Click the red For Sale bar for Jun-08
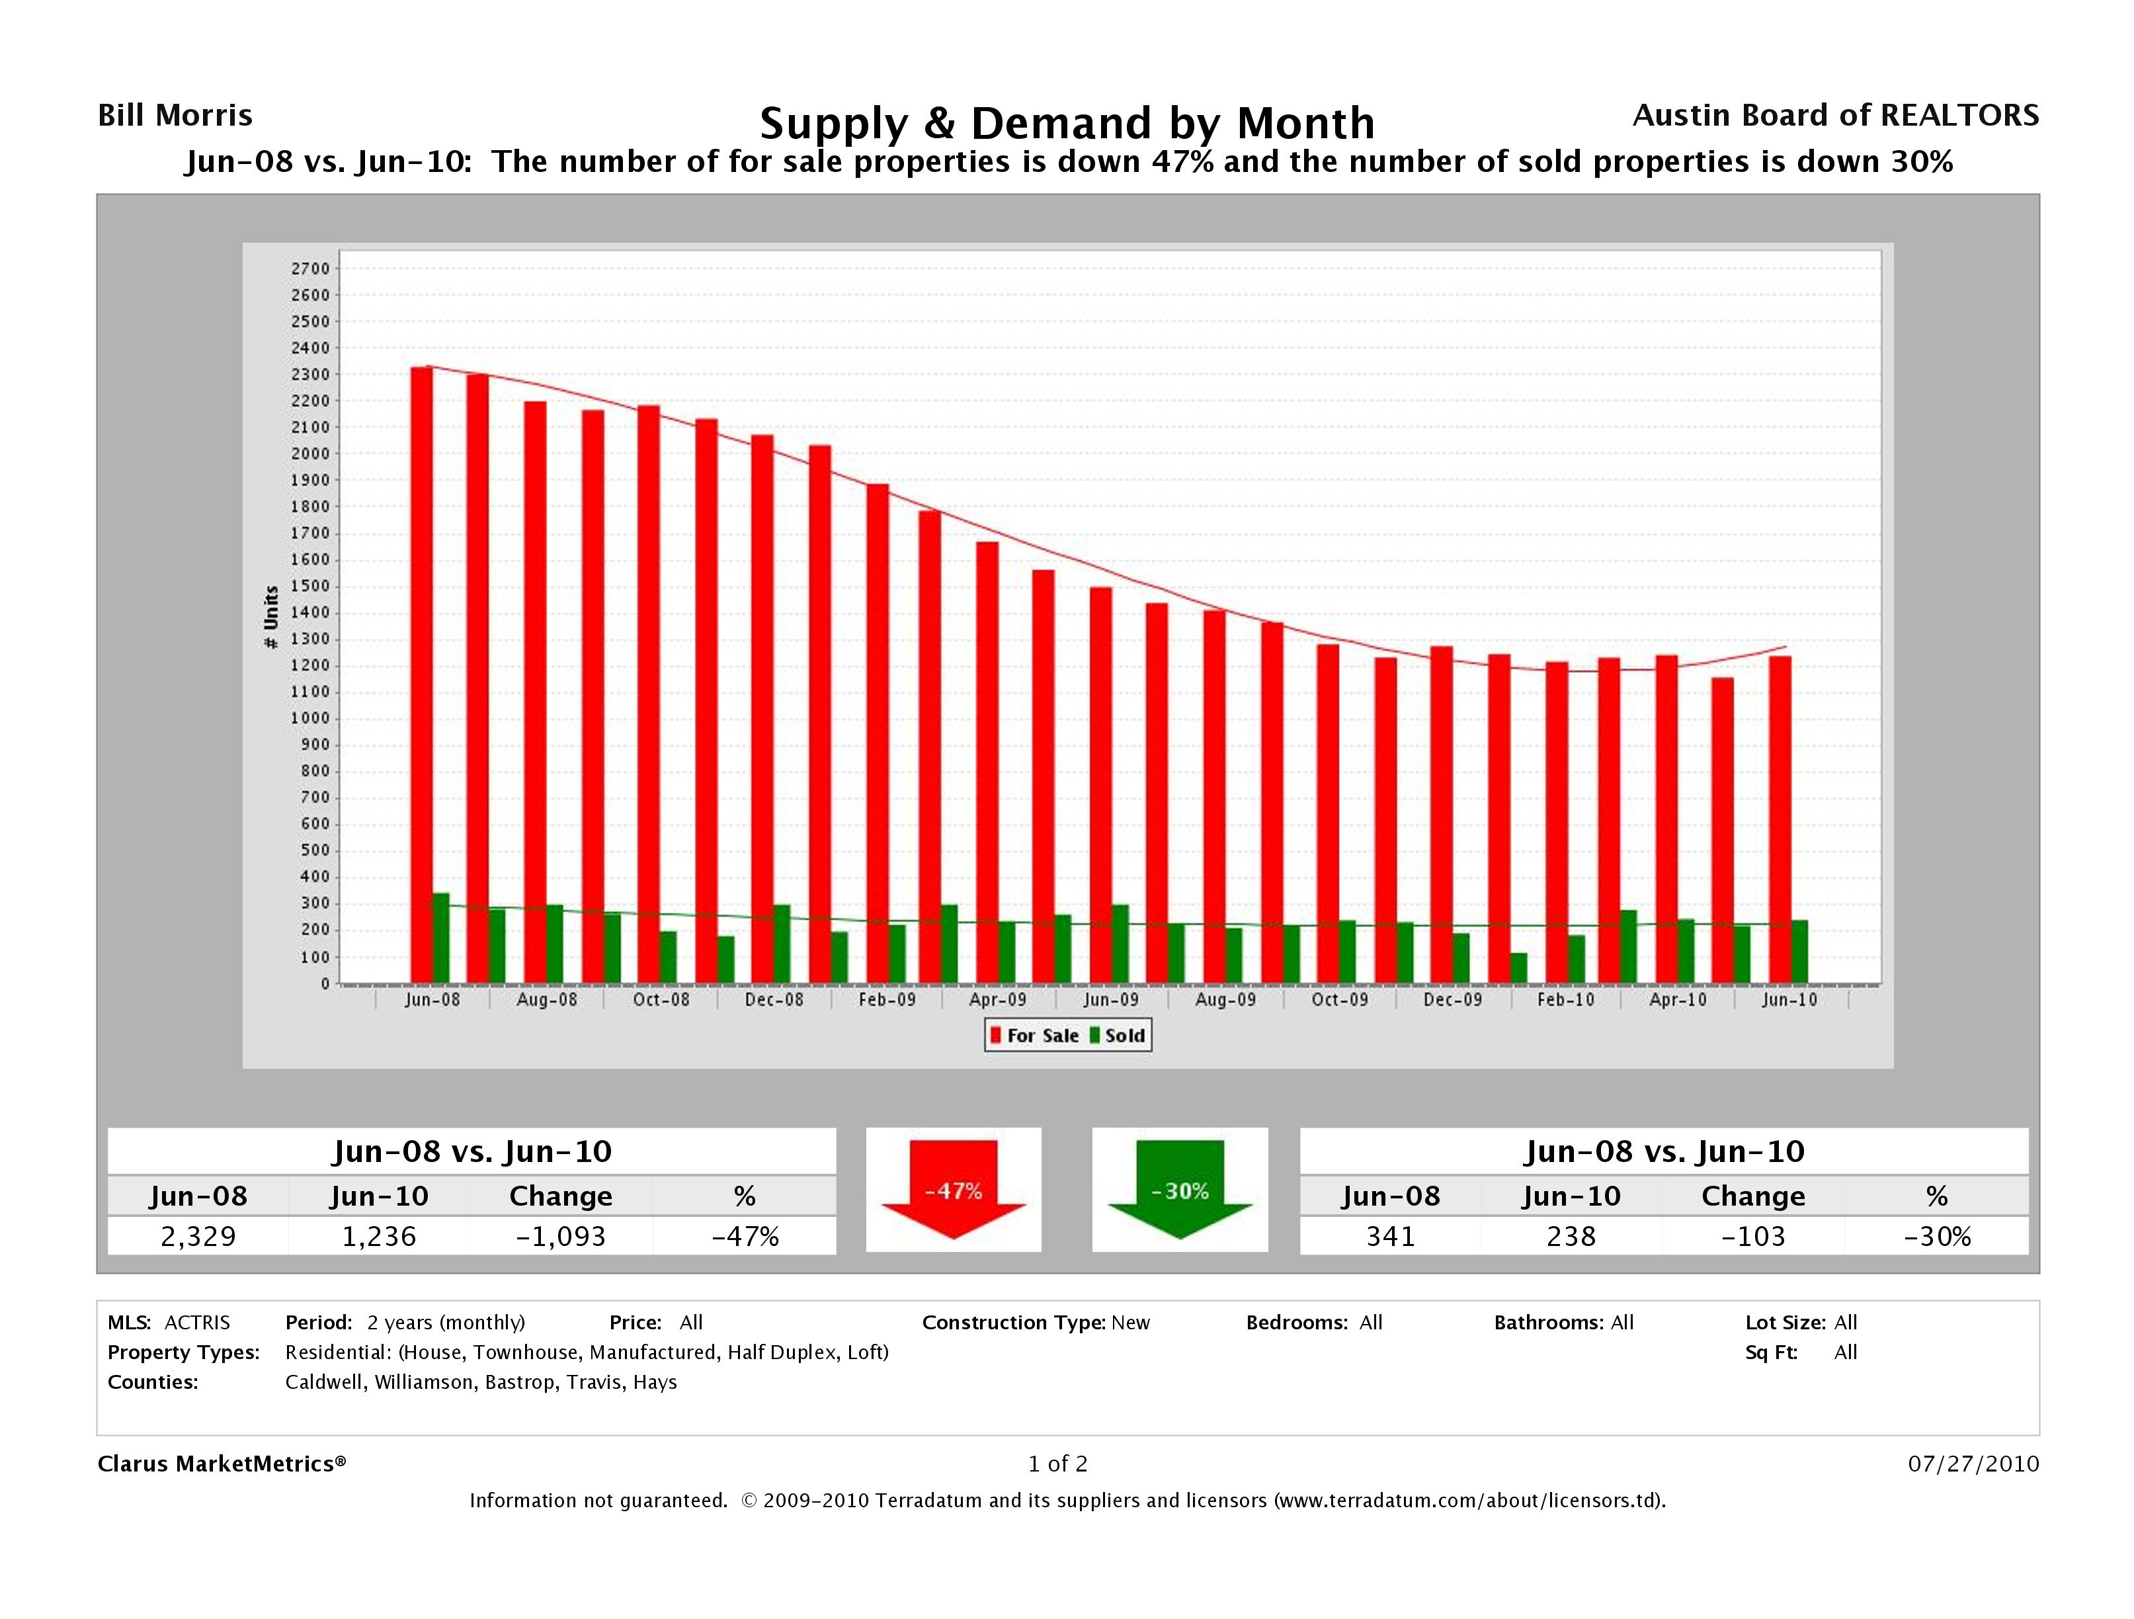pos(422,675)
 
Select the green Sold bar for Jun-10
pos(1799,952)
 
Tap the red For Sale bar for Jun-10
pos(1780,820)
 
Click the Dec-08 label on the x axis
pos(774,999)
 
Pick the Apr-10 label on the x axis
pos(1678,999)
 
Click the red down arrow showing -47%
pos(953,1190)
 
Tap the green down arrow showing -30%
pos(1180,1190)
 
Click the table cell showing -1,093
pos(561,1236)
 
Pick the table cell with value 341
pos(1390,1236)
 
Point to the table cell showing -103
pos(1753,1236)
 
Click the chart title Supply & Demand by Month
pos(1067,124)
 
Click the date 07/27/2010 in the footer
pos(1973,1464)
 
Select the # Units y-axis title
pos(271,616)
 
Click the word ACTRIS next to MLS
pos(197,1323)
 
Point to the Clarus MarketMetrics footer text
pos(221,1464)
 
